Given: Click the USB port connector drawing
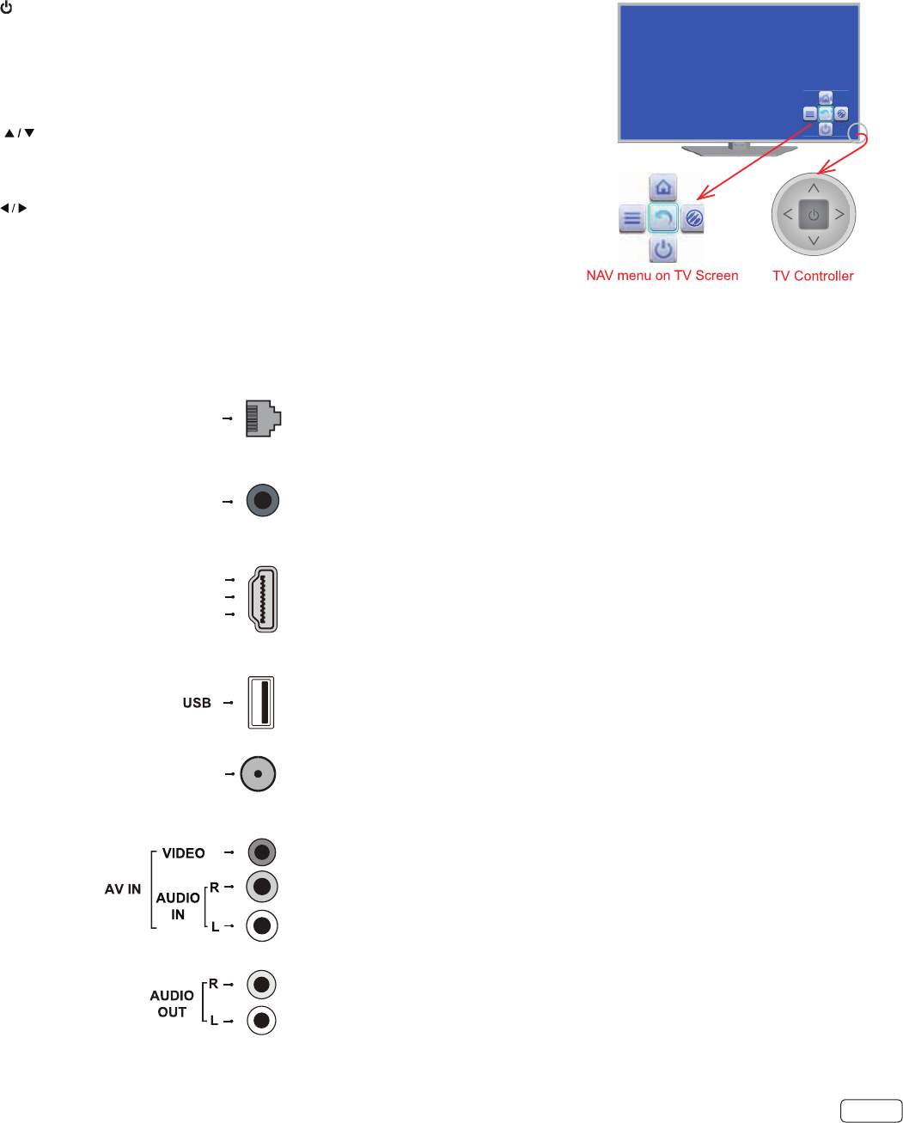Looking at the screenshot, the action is tap(261, 703).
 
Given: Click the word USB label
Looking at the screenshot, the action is tap(197, 703).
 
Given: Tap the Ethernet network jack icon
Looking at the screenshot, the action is tap(263, 418).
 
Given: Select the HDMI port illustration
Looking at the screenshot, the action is tap(263, 599).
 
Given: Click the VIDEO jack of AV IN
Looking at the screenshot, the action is tap(262, 852).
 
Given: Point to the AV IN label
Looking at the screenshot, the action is tap(123, 889).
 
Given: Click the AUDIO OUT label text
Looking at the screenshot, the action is tap(172, 1004).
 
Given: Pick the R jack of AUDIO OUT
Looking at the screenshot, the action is tap(262, 984).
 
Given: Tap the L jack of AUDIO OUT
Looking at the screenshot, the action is tap(262, 1021).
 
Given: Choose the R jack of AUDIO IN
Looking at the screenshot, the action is tap(262, 887).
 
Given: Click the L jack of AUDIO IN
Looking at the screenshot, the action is tap(262, 925).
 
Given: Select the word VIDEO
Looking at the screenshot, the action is tap(184, 853).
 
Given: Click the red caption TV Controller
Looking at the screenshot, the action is tap(813, 276).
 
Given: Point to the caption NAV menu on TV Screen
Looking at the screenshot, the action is tap(662, 276).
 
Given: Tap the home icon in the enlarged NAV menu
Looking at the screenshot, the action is tap(662, 187).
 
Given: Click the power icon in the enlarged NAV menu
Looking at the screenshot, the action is tap(662, 250).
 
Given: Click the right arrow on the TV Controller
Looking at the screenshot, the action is tap(839, 215).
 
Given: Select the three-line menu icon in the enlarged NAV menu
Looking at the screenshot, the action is tap(632, 219).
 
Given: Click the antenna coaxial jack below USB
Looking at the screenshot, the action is tap(258, 773).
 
